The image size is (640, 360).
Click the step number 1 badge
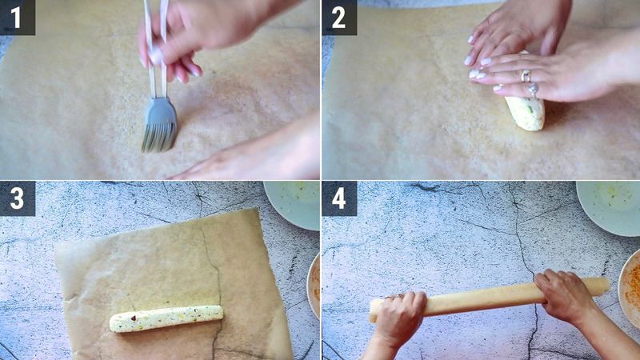pos(17,17)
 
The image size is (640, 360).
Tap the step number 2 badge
pos(338,17)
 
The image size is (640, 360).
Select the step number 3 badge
pos(17,198)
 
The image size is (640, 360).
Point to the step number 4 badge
pos(338,198)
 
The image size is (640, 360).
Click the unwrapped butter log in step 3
pos(166,318)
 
